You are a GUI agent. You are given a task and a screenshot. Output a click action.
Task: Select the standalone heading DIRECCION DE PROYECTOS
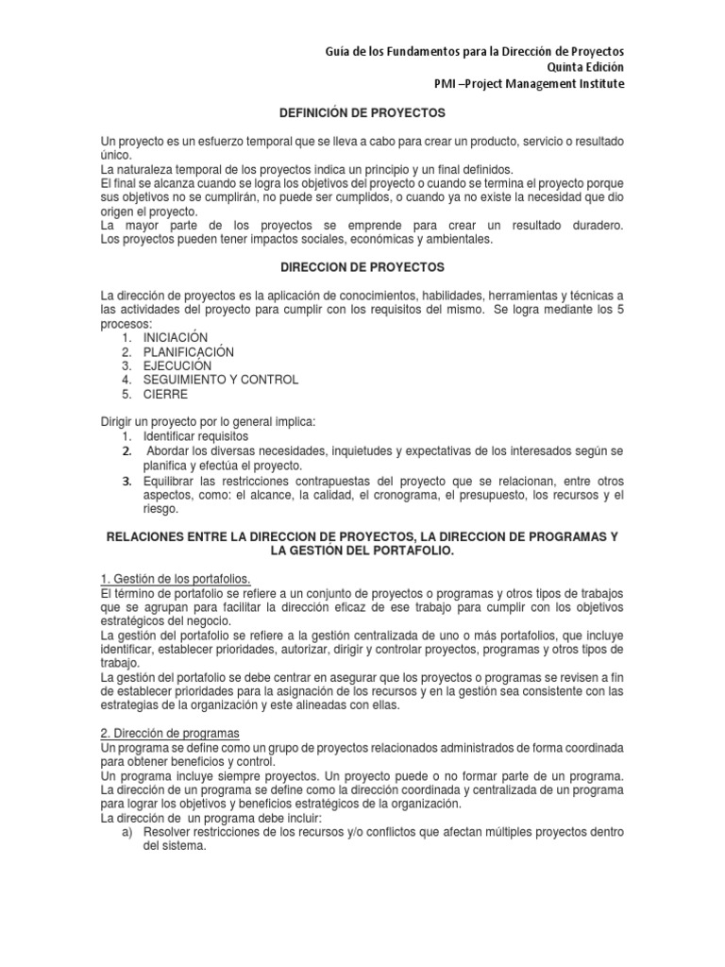362,267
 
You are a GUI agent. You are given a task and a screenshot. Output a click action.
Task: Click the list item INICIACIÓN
175,337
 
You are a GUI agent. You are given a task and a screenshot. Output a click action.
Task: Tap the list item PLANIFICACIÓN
189,351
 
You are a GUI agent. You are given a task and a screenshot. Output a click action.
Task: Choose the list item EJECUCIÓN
177,365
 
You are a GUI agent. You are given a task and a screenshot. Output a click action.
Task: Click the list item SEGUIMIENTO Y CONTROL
220,380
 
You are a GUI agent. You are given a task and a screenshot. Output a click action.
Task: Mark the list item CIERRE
165,394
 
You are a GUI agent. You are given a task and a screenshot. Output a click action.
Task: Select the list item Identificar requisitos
195,437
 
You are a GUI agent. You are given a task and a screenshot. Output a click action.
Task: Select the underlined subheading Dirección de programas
169,734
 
